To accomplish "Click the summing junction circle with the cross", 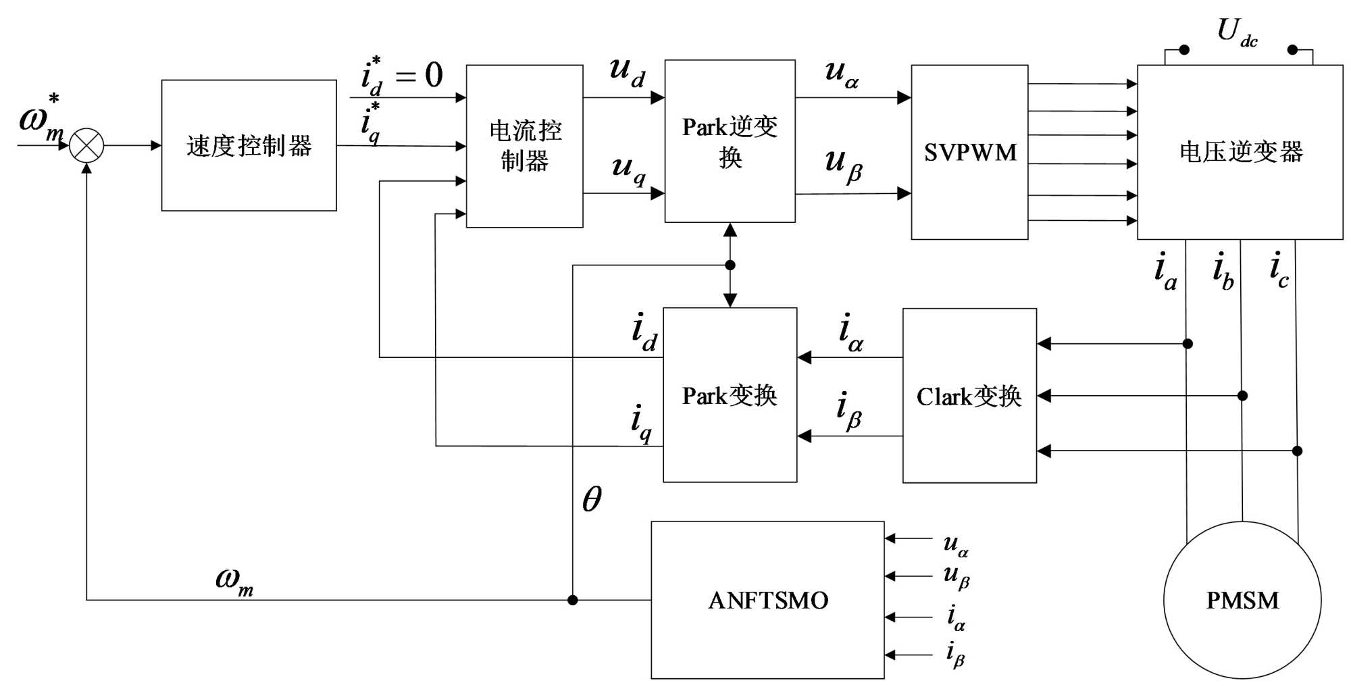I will [86, 145].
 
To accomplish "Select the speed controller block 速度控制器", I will [249, 145].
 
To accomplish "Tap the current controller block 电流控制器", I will [524, 146].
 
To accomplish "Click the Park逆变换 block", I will [730, 141].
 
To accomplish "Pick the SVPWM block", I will [969, 152].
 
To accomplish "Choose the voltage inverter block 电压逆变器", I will [1240, 152].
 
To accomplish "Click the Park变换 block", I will [730, 395].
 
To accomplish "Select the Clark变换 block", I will [969, 396].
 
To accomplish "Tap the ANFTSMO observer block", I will [767, 600].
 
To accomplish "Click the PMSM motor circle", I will [1242, 600].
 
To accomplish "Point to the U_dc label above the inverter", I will [1237, 32].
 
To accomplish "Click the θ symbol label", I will [592, 499].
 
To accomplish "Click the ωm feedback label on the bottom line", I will [234, 580].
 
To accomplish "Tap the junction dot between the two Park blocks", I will [730, 265].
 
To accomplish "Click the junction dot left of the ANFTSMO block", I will [572, 600].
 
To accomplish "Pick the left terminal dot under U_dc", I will [1183, 50].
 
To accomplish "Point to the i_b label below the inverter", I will [1223, 271].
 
